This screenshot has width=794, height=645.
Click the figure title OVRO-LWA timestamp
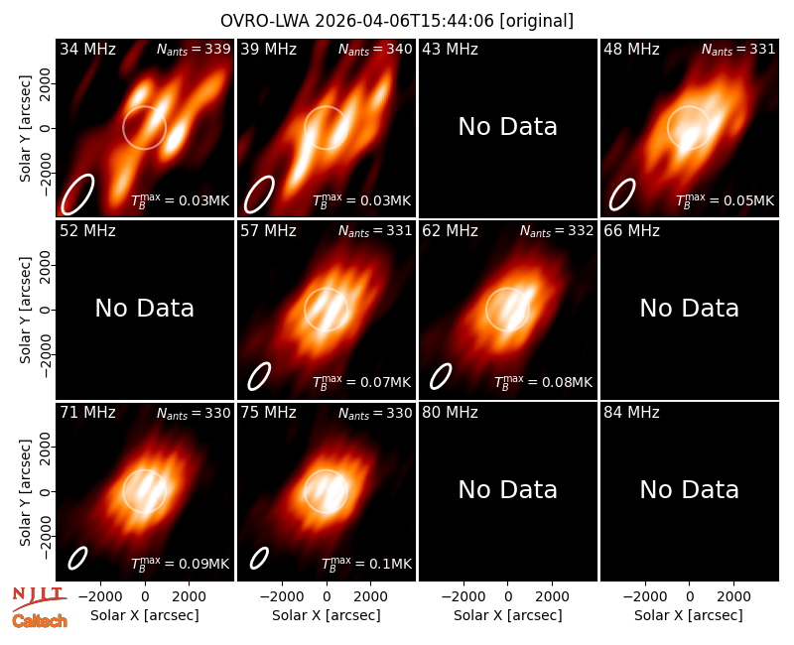click(x=396, y=21)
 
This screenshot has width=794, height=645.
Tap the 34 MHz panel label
click(x=87, y=49)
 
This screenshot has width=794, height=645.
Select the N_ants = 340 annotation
click(x=375, y=49)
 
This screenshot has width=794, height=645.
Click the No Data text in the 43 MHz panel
click(x=507, y=127)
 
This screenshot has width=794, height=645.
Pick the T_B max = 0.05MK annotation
click(x=725, y=200)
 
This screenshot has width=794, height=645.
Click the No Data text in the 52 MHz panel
click(x=144, y=309)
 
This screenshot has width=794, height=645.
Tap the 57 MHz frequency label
click(x=268, y=231)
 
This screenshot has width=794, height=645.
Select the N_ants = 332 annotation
click(x=557, y=231)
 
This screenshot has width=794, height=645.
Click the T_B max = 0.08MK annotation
click(x=543, y=382)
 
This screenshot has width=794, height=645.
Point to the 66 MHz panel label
click(x=631, y=231)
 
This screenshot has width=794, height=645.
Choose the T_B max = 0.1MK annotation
click(x=366, y=564)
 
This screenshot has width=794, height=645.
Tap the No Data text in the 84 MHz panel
click(x=689, y=490)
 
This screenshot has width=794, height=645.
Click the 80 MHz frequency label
click(x=450, y=413)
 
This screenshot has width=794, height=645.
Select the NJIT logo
click(x=39, y=597)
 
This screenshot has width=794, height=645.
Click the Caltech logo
click(x=40, y=621)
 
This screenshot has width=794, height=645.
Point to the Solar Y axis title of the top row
click(x=26, y=129)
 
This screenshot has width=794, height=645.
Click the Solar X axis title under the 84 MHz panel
click(x=689, y=615)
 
